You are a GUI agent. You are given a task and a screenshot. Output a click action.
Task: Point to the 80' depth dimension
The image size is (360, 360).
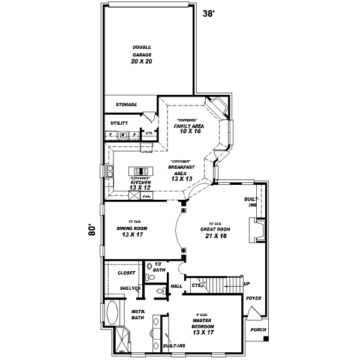coord(92,232)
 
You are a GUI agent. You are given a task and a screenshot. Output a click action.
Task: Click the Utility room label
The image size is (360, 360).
coord(119,123)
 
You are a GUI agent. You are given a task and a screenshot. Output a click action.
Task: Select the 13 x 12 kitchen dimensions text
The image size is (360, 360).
coord(139,188)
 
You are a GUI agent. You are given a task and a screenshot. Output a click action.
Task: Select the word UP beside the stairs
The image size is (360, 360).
coord(246,284)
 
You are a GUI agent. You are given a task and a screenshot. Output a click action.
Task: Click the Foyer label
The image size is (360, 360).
coord(253,297)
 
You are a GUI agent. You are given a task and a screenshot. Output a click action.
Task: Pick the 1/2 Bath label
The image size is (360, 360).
coord(158,267)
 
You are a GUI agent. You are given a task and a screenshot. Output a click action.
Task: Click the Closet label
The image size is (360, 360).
coord(126,272)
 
